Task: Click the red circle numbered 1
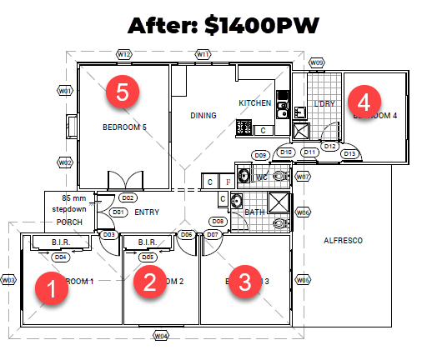tap(49, 292)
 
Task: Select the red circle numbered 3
tap(244, 281)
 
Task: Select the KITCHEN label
tap(255, 103)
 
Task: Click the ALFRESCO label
tap(344, 242)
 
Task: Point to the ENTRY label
tap(146, 212)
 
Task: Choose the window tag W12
tap(123, 54)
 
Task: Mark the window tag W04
tap(162, 336)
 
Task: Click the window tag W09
tap(316, 62)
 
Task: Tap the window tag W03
tap(9, 280)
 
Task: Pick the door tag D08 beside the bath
tap(217, 221)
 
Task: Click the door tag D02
tap(128, 198)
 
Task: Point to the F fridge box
tap(228, 180)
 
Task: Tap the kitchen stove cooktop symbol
tap(245, 127)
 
